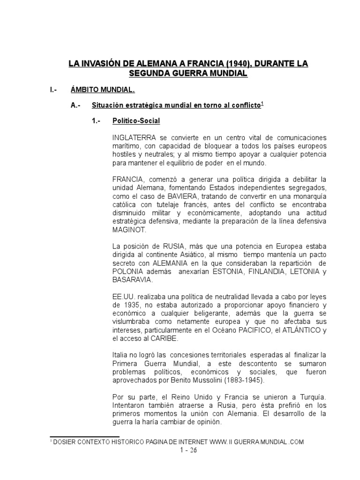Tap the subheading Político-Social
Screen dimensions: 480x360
136,121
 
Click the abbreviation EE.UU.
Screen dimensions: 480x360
122,297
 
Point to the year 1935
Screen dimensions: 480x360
135,306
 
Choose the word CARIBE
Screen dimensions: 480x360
165,339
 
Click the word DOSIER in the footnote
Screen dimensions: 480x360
65,442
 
